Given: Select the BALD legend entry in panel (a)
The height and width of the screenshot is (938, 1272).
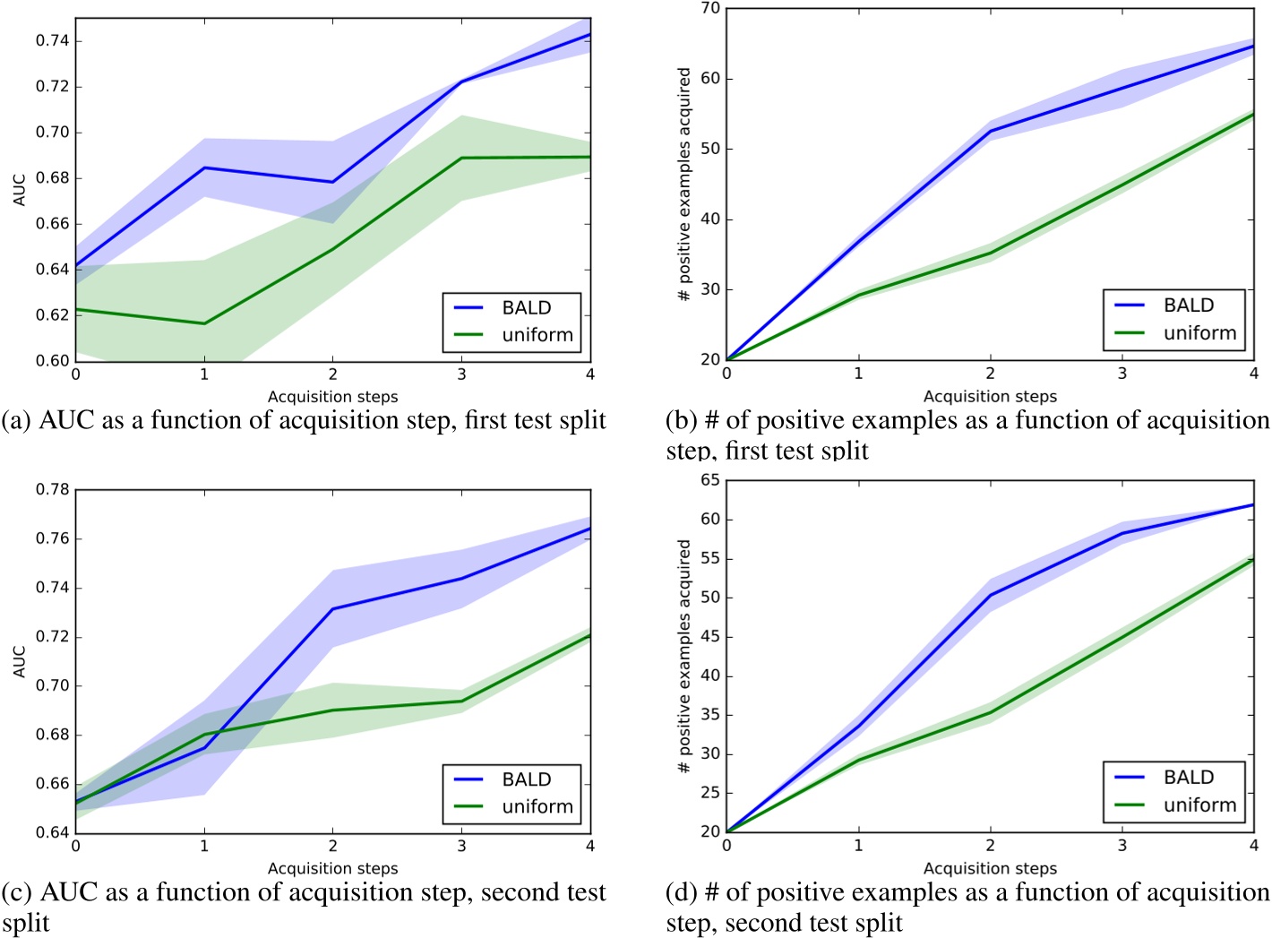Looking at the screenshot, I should [526, 308].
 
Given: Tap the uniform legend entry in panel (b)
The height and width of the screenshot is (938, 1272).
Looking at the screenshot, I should [1199, 333].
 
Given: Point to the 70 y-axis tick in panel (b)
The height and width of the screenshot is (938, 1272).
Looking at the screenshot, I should [710, 9].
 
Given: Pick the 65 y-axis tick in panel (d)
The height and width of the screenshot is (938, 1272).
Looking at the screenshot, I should [710, 481].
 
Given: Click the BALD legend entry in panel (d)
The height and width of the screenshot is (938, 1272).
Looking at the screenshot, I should [1188, 778].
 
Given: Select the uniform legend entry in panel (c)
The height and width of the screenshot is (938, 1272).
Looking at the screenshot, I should [537, 807].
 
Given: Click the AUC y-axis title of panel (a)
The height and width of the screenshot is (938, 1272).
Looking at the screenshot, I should [20, 190].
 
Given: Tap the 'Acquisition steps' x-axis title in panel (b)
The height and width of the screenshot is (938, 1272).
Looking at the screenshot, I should [990, 396].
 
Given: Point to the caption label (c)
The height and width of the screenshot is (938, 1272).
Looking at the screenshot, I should [18, 893].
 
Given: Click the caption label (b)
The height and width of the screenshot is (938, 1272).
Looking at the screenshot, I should [683, 421].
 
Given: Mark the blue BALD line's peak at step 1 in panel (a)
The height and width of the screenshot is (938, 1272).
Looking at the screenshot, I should [204, 168].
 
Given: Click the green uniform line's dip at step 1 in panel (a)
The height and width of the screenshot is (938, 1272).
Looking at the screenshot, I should [204, 323].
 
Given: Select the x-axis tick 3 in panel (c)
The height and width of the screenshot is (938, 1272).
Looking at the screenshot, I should [461, 846].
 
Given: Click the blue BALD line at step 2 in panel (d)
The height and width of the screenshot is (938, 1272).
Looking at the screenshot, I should [990, 595].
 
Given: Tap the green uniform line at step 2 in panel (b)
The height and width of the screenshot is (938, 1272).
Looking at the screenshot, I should [990, 253].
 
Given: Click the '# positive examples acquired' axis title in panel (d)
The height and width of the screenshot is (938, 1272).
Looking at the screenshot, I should [684, 656].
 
